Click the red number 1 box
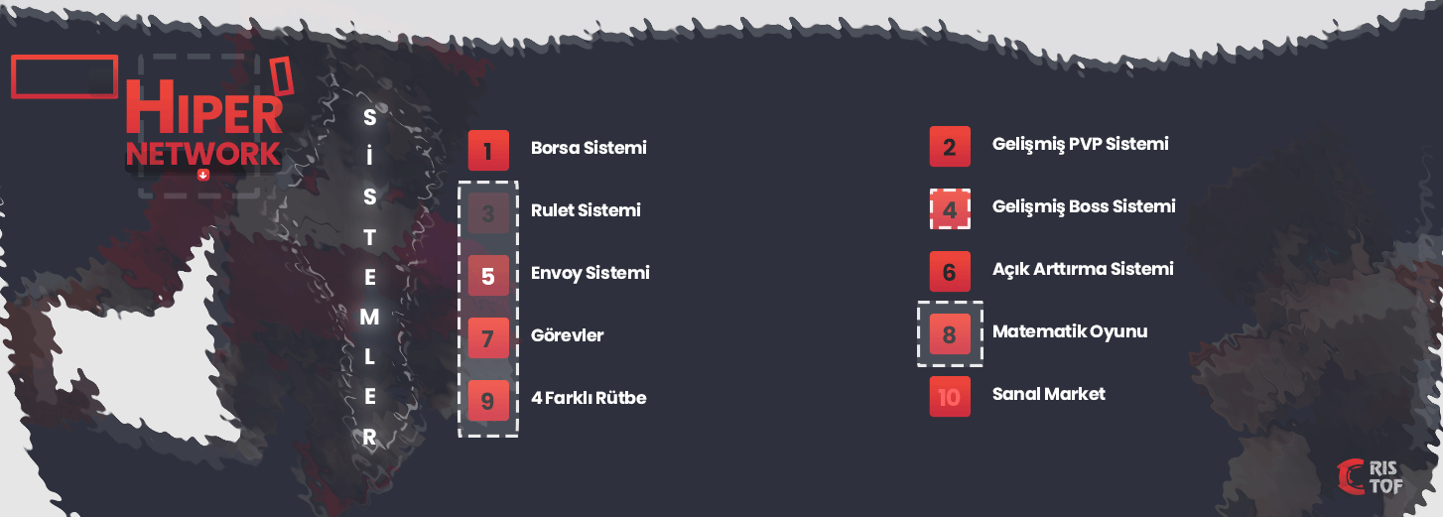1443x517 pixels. coord(488,151)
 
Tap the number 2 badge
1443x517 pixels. coord(950,147)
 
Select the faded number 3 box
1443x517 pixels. coord(488,213)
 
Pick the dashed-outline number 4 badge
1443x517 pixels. coord(950,209)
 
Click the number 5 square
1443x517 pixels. coord(488,276)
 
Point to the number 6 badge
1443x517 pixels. coord(950,272)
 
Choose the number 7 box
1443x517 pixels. coord(488,338)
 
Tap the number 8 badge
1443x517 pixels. coord(950,334)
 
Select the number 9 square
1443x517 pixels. coord(488,401)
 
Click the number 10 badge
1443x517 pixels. coord(950,397)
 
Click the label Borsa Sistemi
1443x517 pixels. coord(589,148)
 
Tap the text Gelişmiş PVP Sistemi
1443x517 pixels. coord(1081,145)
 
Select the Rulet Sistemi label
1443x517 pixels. coord(586,210)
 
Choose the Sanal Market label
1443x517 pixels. coord(1049,394)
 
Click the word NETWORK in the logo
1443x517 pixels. coord(203,154)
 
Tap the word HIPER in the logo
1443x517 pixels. coord(204,107)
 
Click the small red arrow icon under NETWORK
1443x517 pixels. coord(203,175)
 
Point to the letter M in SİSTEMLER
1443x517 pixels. coord(370,318)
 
